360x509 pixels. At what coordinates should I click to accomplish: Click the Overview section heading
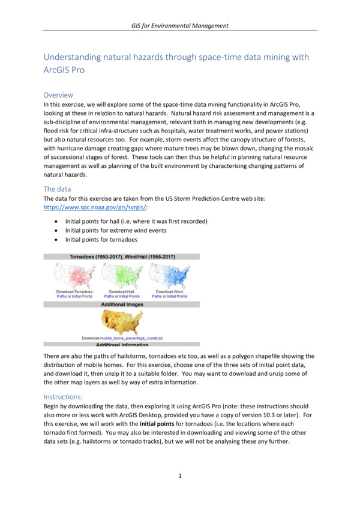tap(59, 95)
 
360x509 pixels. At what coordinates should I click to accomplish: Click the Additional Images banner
tap(121, 305)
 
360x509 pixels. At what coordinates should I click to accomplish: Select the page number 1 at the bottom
tap(180, 475)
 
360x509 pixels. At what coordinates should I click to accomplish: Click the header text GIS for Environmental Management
tap(180, 25)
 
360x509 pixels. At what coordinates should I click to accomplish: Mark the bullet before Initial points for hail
tap(56, 222)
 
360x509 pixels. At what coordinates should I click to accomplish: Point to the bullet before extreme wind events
tap(56, 231)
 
